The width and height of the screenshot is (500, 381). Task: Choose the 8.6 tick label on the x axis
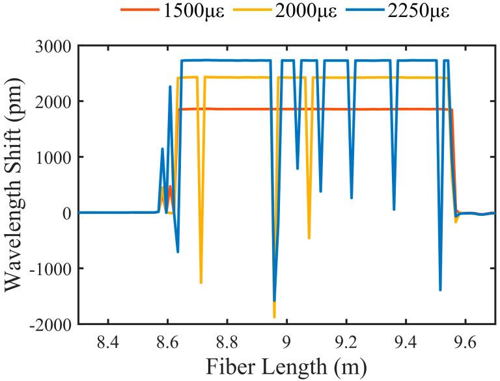pos(167,339)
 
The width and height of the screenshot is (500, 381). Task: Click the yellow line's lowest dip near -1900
pos(274,317)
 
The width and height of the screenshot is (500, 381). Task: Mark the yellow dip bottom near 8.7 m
pos(201,283)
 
